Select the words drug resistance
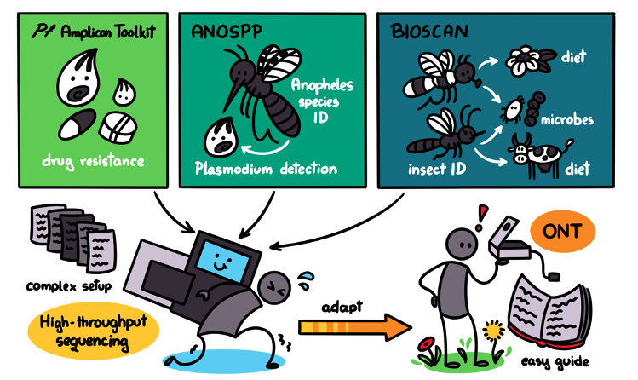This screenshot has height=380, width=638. pyautogui.click(x=94, y=160)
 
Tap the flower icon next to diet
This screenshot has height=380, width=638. pyautogui.click(x=521, y=60)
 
